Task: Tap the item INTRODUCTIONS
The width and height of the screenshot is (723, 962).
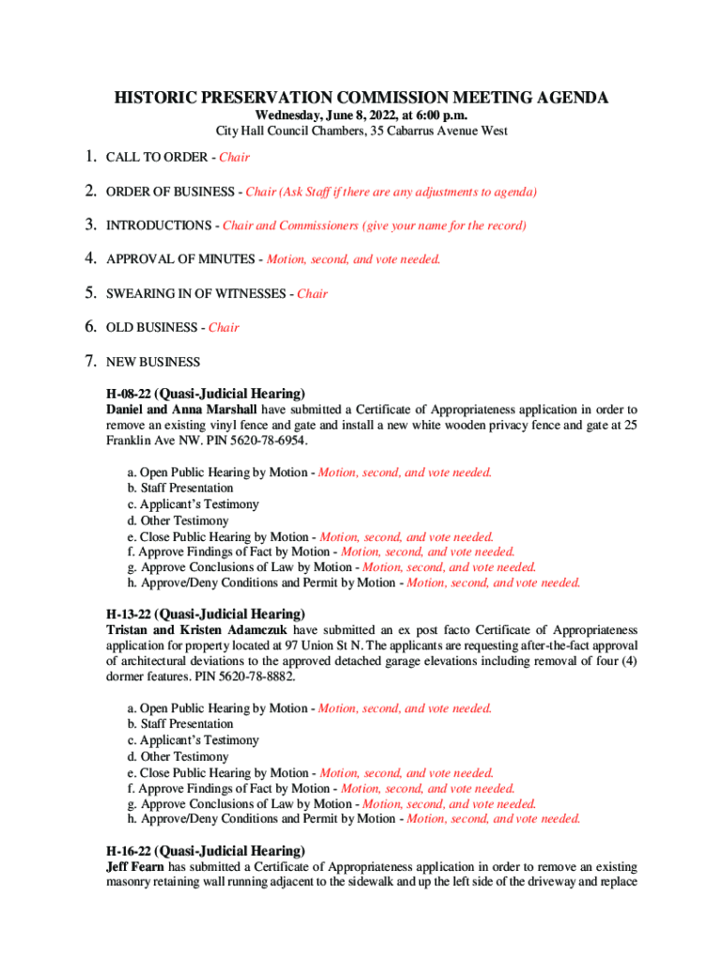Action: coord(159,225)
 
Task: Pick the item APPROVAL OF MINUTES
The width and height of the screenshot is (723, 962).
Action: coord(180,259)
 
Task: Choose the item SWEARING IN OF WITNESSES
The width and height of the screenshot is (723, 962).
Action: coord(197,294)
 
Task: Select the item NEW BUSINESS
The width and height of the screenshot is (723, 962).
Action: coord(153,362)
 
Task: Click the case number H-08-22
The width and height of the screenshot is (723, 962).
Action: coord(129,394)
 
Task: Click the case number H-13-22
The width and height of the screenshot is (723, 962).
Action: coord(129,613)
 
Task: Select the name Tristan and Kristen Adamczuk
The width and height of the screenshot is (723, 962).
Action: coord(197,629)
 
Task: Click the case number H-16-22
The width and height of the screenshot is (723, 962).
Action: coord(129,850)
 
